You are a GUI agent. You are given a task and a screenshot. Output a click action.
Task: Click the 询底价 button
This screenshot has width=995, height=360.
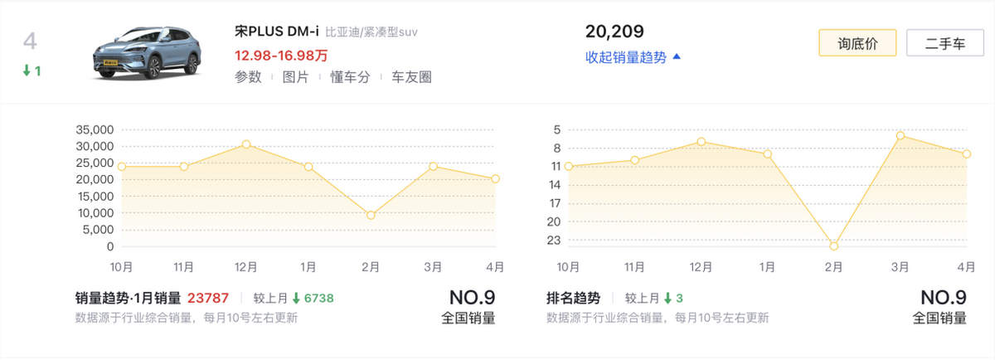(x=857, y=43)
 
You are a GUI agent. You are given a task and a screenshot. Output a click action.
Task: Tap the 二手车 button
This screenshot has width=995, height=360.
(x=944, y=43)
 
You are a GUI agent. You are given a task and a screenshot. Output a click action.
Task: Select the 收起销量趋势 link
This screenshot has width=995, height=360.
(x=633, y=57)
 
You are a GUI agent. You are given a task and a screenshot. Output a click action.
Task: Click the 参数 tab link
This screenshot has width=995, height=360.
(x=248, y=77)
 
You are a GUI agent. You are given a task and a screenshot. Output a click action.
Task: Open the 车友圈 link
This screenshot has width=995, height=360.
(x=411, y=77)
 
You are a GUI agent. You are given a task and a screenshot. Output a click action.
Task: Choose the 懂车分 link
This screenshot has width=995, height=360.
(x=349, y=77)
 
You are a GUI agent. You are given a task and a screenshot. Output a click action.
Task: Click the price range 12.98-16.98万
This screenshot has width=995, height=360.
(x=281, y=56)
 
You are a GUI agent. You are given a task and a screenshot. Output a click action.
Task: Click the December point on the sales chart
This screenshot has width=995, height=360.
(x=246, y=144)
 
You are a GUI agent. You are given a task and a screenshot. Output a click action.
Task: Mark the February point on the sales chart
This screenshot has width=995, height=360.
(x=371, y=216)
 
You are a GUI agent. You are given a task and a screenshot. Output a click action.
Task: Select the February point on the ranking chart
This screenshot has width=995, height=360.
(x=834, y=246)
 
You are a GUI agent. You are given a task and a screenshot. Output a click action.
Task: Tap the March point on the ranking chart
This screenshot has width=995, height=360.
(x=900, y=135)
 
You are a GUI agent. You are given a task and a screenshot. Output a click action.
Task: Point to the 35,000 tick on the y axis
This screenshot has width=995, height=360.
(x=93, y=130)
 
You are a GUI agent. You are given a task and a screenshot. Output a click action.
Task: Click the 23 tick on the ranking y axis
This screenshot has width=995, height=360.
(x=555, y=241)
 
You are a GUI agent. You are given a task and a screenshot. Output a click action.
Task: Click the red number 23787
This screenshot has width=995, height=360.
(x=208, y=298)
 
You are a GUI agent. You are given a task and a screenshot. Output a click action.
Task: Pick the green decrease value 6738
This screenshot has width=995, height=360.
(x=316, y=298)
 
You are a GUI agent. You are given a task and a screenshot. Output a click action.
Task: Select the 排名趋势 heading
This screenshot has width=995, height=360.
(x=573, y=298)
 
